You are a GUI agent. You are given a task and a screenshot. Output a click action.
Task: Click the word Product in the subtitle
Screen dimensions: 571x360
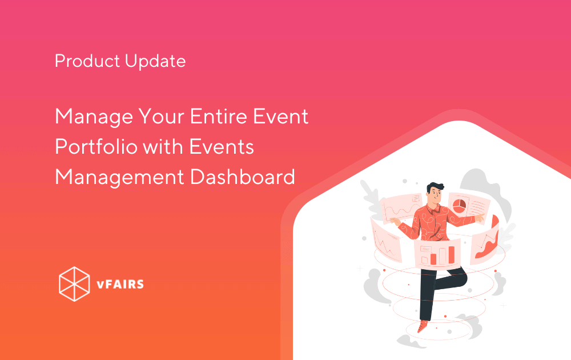tap(87, 61)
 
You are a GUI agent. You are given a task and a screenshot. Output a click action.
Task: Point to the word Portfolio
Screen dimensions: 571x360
tap(96, 146)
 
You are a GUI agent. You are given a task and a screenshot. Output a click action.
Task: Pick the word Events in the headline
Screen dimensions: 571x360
tap(222, 147)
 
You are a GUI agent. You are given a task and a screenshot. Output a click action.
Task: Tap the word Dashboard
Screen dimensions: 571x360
tap(243, 177)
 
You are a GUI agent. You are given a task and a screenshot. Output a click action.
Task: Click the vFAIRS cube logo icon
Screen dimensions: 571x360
tap(74, 284)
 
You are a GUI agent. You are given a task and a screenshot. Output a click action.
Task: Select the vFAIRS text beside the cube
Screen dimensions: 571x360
tap(120, 284)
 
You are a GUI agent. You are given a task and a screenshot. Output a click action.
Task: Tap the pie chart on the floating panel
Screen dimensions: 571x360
tap(459, 205)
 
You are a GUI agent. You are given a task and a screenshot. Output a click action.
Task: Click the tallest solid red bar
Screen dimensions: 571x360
tap(452, 255)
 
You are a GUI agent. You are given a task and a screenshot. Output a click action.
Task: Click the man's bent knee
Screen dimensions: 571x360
tap(463, 277)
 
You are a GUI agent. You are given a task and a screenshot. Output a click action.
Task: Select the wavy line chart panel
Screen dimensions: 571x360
tap(401, 207)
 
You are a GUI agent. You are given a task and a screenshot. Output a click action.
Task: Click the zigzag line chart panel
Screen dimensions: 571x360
tap(386, 240)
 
